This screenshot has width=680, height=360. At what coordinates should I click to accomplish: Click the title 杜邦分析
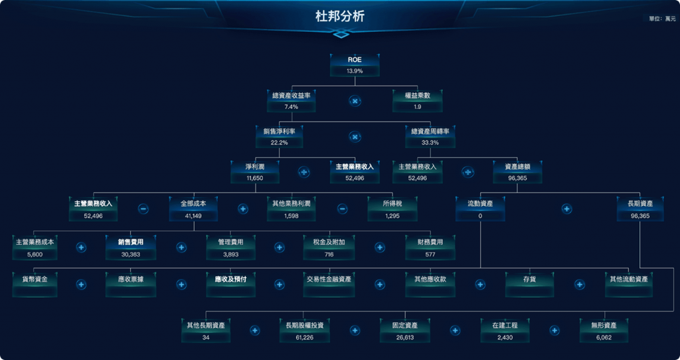point(339,17)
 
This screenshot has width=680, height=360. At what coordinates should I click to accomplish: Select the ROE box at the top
point(355,64)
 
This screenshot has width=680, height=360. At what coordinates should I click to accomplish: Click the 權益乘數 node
point(417,100)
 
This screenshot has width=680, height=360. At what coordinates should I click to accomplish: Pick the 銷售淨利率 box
point(279,136)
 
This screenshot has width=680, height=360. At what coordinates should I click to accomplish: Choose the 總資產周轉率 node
point(430,136)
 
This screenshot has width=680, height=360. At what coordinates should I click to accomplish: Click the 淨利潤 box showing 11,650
point(255,172)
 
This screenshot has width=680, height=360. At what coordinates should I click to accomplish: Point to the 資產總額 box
point(517,172)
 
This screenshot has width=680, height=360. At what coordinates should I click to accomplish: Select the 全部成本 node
point(193,208)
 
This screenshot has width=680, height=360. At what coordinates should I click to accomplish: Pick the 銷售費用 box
point(131,247)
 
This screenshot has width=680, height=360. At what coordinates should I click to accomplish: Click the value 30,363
point(131,254)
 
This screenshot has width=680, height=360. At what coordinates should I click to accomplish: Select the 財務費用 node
point(430,247)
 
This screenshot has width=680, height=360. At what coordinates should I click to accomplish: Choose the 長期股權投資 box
point(305,331)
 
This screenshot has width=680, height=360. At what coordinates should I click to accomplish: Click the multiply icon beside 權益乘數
point(355,101)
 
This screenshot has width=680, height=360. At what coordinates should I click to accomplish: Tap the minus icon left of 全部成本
point(143,209)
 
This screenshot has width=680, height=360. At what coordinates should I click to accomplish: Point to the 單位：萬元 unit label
point(662,19)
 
